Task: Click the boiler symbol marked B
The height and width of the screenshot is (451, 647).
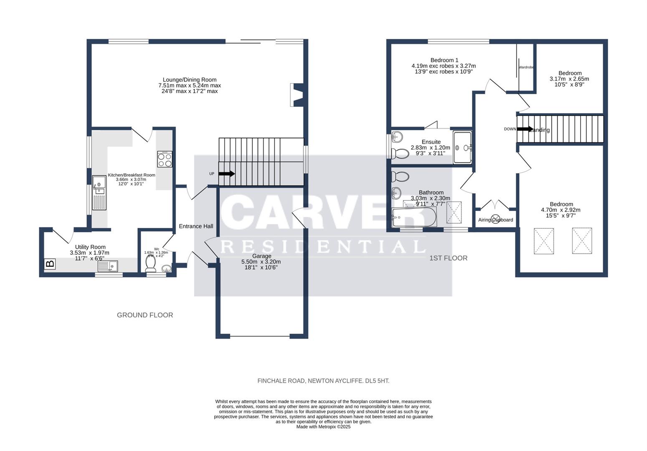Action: pos(50,264)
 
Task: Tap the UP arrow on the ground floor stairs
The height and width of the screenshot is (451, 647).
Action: pos(226,174)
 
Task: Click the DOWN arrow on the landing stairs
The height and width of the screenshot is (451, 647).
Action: pos(525,129)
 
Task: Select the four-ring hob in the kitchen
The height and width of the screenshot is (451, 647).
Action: pos(165,159)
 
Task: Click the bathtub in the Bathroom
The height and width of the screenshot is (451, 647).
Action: pos(414,217)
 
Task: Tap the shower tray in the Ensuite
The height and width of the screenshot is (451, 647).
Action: pos(462,147)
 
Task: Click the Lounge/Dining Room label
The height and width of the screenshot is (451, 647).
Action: pos(190,80)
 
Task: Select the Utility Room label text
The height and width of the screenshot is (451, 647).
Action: pos(90,247)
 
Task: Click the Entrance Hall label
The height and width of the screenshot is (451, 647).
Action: pos(196,226)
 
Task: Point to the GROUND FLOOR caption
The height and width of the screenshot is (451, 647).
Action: pos(145,315)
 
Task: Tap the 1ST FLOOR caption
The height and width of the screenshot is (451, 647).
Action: pos(448,258)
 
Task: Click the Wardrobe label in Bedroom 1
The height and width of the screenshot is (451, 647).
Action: pos(526,67)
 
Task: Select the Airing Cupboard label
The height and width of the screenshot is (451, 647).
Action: pos(495,220)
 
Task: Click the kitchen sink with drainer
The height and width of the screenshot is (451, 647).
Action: pos(99,193)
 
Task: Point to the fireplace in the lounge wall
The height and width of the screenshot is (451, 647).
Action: pos(297,95)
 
